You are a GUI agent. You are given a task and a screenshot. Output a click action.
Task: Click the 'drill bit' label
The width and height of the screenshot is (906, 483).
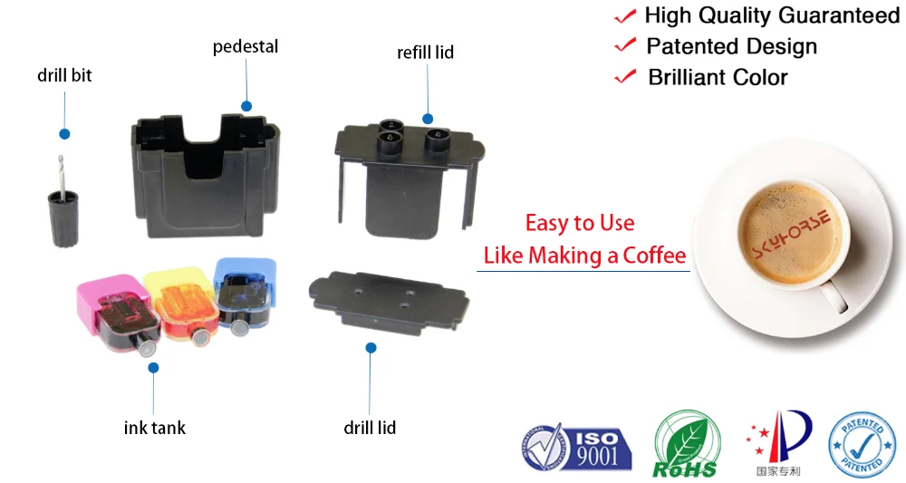tap(64, 76)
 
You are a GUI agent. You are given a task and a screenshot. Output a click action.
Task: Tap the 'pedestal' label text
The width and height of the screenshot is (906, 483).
tap(245, 46)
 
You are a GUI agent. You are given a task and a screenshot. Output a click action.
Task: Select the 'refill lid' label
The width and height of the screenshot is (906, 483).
tap(425, 53)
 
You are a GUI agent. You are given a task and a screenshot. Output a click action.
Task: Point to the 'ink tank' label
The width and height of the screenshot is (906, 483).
tap(154, 427)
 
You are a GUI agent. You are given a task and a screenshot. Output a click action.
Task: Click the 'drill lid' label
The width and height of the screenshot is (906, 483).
tap(370, 427)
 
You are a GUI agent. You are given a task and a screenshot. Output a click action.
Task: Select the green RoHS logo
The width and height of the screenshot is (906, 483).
tap(686, 444)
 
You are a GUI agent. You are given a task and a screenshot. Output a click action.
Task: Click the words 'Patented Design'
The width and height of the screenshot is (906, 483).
tap(731, 46)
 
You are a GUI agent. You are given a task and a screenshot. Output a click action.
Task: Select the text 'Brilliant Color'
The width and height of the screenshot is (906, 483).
tap(718, 77)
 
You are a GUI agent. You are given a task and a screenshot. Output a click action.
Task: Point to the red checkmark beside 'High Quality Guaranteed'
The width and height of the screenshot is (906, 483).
tap(624, 16)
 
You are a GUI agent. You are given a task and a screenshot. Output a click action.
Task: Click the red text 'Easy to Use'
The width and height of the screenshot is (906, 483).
tap(580, 223)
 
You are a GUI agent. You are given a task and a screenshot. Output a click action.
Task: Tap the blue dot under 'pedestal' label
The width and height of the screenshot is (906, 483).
tap(246, 105)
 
